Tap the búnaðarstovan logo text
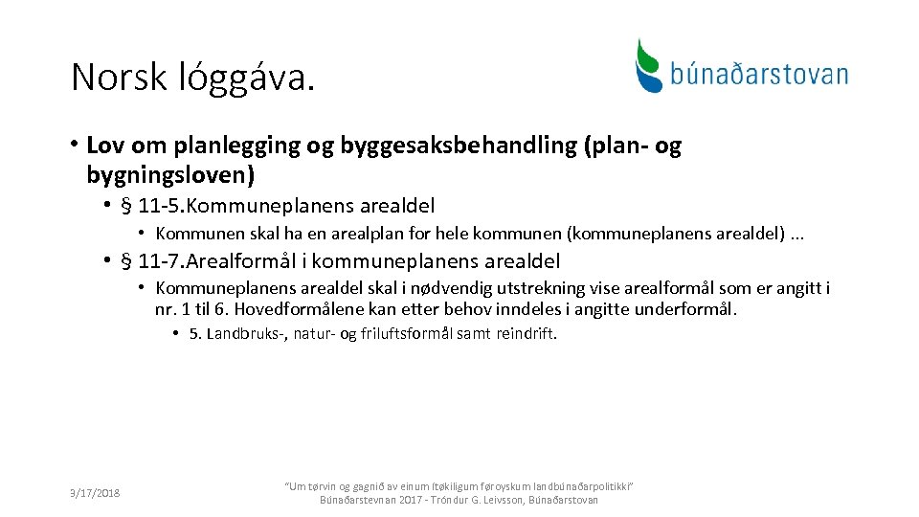pyautogui.click(x=759, y=74)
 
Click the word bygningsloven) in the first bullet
pyautogui.click(x=170, y=175)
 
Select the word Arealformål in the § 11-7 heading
pyautogui.click(x=248, y=261)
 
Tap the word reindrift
pyautogui.click(x=527, y=334)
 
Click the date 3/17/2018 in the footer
pyautogui.click(x=94, y=493)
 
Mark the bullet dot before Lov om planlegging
pyautogui.click(x=74, y=146)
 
